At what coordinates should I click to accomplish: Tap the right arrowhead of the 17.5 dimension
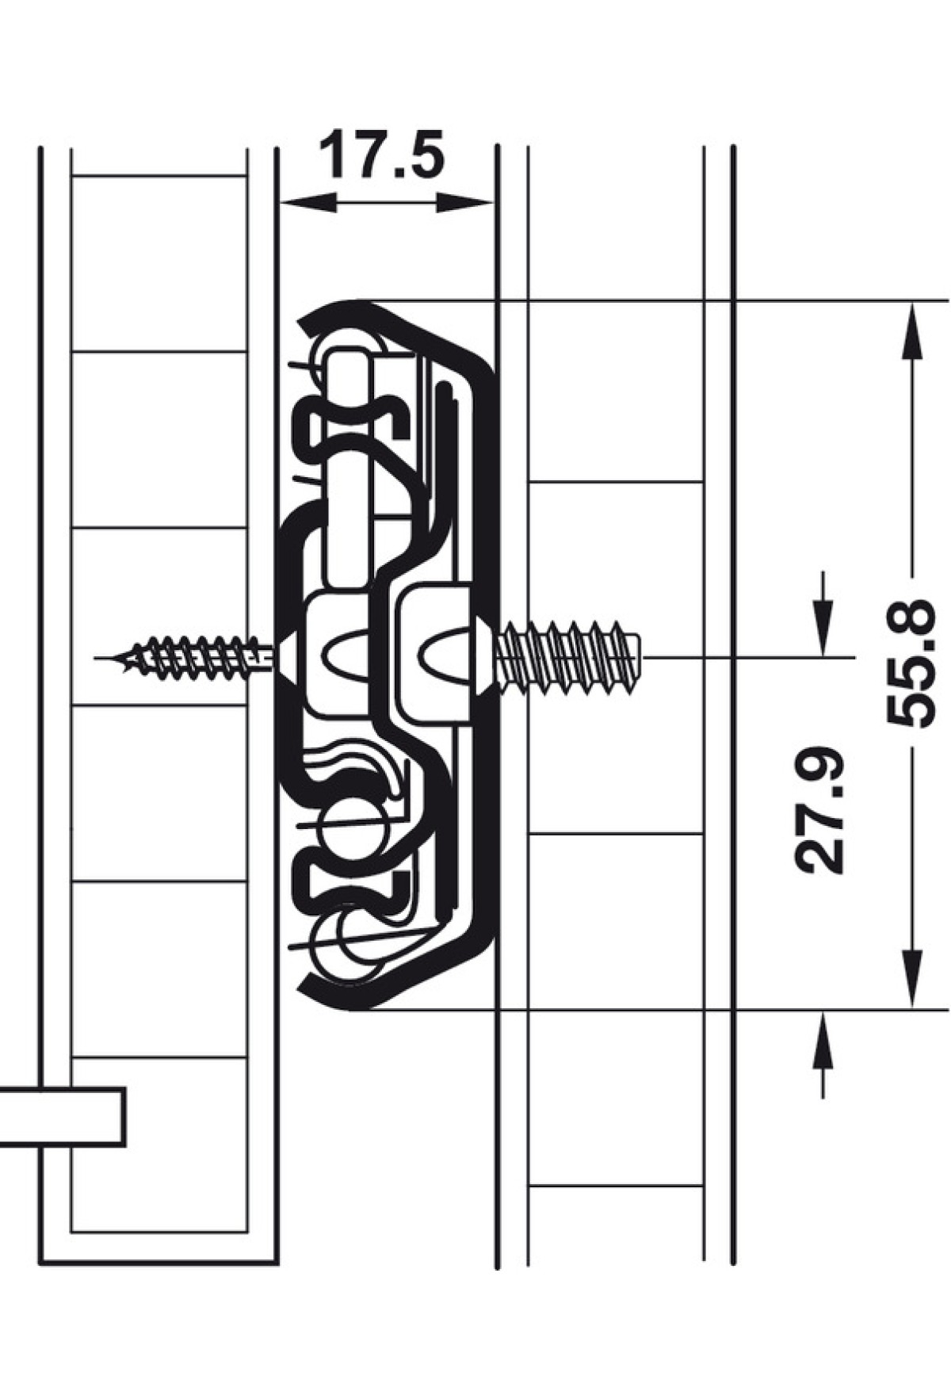click(464, 204)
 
